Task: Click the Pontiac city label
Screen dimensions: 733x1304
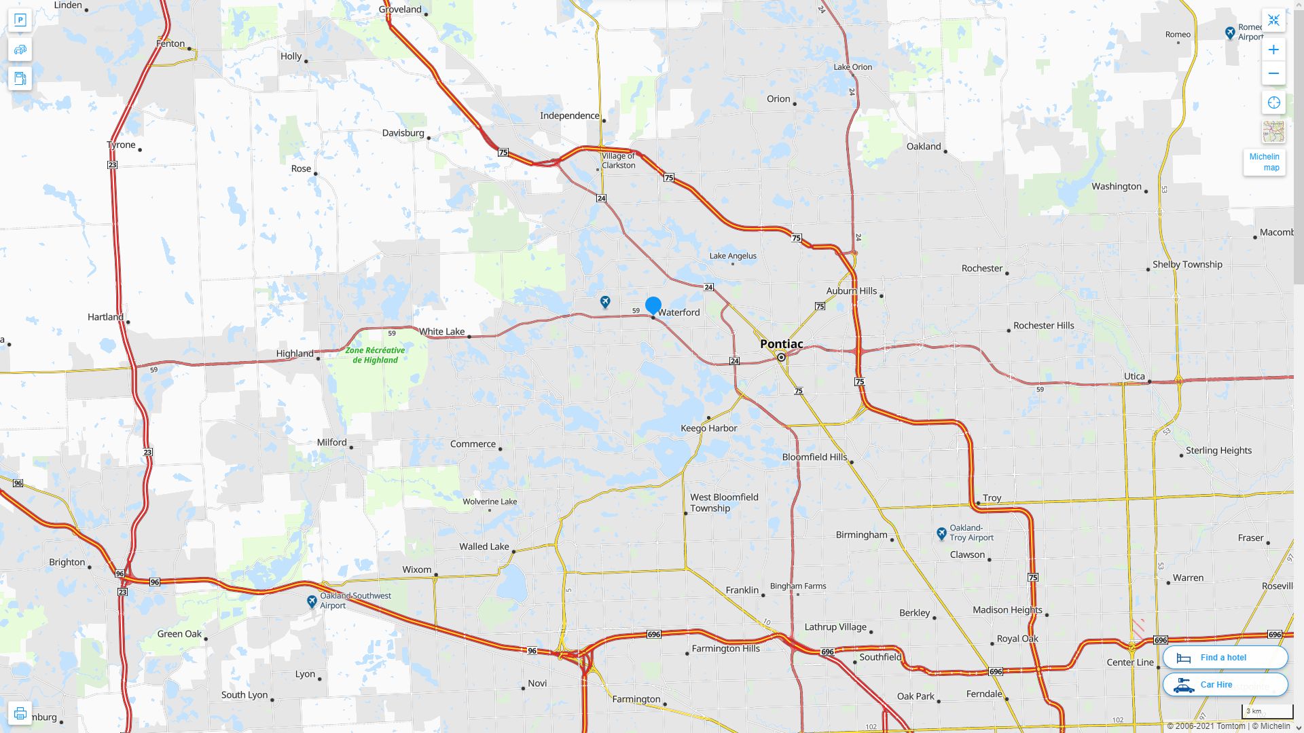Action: coord(781,344)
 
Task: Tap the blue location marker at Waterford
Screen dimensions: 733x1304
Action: coord(653,305)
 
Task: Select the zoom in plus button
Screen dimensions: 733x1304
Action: coord(1273,50)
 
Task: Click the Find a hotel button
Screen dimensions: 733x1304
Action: coord(1225,658)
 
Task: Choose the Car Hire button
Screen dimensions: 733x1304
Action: coord(1225,685)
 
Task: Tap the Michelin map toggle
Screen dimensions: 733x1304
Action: coord(1264,162)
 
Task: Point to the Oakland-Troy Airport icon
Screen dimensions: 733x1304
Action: coord(941,533)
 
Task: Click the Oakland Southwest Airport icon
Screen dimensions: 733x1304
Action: coord(312,601)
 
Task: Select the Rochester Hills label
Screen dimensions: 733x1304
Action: coord(1043,326)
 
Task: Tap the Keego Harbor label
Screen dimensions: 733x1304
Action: coord(708,428)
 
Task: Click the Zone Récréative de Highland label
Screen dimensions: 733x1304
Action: coord(375,355)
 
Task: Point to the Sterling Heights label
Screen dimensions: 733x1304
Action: coord(1218,451)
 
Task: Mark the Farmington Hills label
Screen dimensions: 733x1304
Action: coord(725,649)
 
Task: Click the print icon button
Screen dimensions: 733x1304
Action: coord(20,713)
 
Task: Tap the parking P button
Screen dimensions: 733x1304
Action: coord(20,20)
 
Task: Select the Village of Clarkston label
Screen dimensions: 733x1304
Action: coord(618,161)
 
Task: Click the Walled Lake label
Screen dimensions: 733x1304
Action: coord(484,547)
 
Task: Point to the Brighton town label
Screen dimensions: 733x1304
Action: coord(67,563)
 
